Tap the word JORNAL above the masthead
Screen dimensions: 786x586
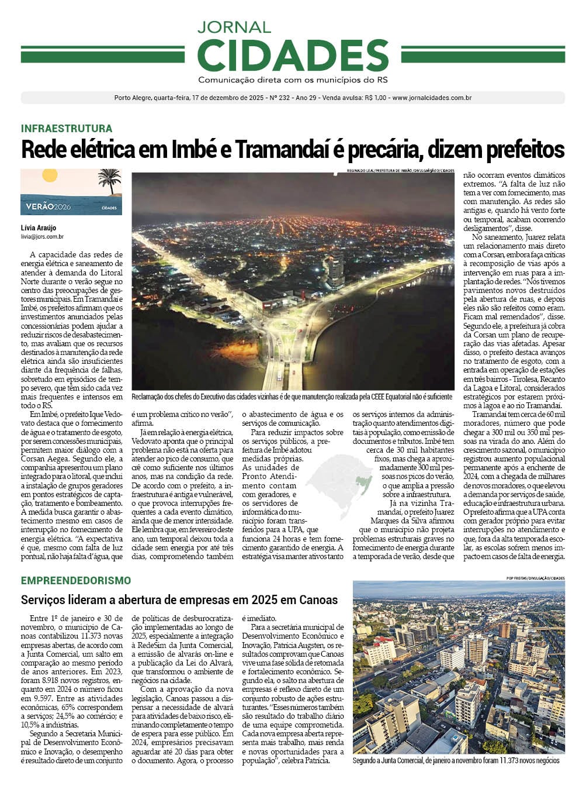[x=234, y=27]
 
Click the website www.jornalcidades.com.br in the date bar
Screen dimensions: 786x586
[x=432, y=98]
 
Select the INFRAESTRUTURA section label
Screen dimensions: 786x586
[x=67, y=129]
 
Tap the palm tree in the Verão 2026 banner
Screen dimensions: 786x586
[x=109, y=180]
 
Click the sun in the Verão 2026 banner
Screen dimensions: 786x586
[x=50, y=175]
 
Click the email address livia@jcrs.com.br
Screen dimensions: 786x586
[x=42, y=236]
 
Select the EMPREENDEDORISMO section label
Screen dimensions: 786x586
[x=76, y=581]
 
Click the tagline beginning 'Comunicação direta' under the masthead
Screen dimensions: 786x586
[x=293, y=80]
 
